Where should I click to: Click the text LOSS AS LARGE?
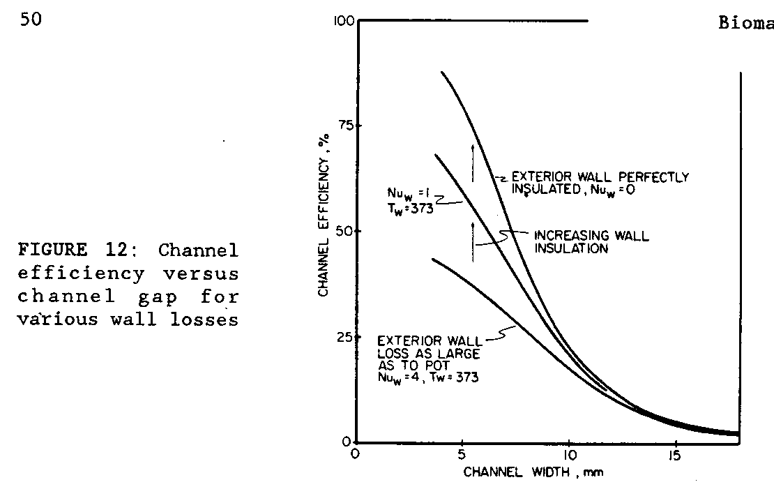click(412, 352)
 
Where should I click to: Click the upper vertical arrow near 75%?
click(473, 163)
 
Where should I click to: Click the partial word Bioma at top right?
click(745, 24)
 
